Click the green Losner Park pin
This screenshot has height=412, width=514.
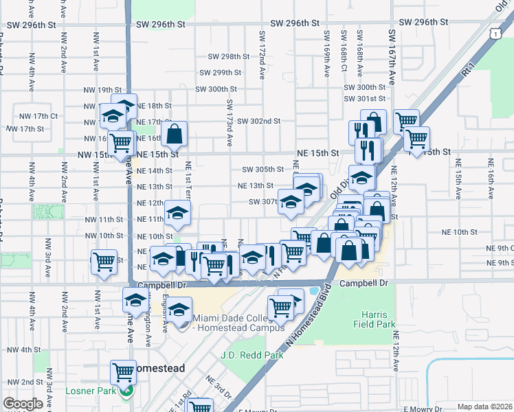click(x=125, y=391)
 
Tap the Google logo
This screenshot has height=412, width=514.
click(x=23, y=403)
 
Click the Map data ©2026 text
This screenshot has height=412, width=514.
click(x=484, y=407)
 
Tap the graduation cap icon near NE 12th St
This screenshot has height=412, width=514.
click(x=178, y=214)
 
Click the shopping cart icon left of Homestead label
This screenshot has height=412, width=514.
click(x=123, y=372)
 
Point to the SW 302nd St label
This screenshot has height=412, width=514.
click(x=259, y=121)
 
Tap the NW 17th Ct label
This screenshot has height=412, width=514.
click(x=38, y=116)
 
